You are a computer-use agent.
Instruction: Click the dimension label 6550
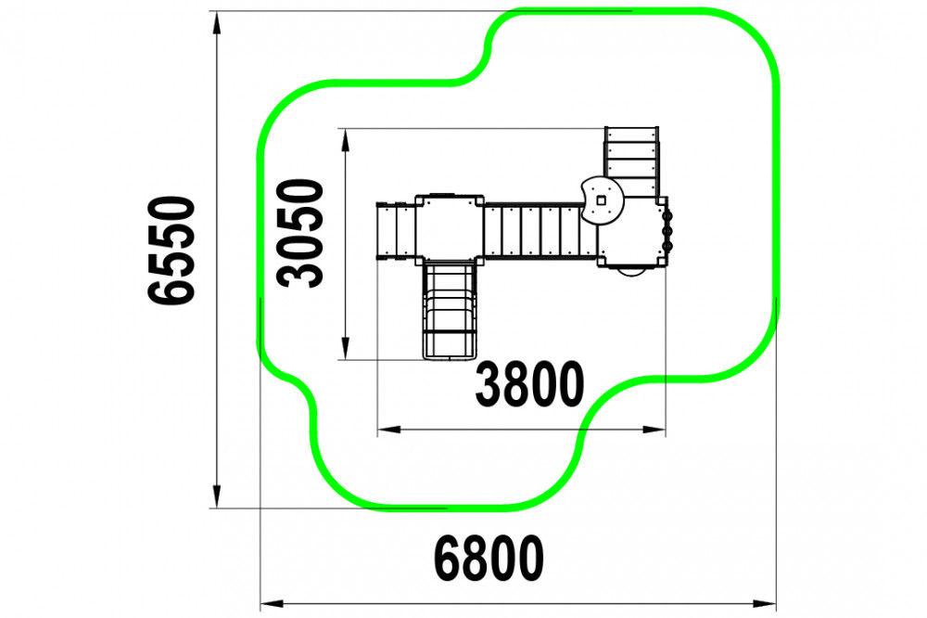[171, 251]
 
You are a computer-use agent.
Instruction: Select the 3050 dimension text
[300, 234]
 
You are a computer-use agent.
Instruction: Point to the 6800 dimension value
[489, 559]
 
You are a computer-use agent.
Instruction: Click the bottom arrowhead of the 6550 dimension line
[217, 496]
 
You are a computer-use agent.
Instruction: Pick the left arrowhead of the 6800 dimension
[273, 604]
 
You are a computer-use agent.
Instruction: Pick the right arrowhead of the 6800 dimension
[765, 604]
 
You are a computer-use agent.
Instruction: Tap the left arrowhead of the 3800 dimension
[389, 429]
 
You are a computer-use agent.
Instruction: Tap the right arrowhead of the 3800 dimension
[654, 429]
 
